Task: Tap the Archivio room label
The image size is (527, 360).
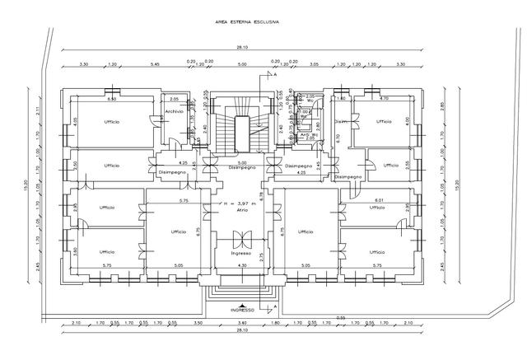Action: (x=174, y=112)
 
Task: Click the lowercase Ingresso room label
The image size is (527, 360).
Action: (x=241, y=253)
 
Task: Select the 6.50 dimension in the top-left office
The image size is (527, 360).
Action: (x=112, y=99)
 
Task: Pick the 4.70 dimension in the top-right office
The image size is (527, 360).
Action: (x=383, y=99)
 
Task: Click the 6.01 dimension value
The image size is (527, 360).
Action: (x=380, y=200)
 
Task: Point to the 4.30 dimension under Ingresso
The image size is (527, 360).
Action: (x=241, y=265)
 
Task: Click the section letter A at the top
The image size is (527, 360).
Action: (x=275, y=74)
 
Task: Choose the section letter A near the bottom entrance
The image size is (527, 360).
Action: (x=275, y=306)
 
